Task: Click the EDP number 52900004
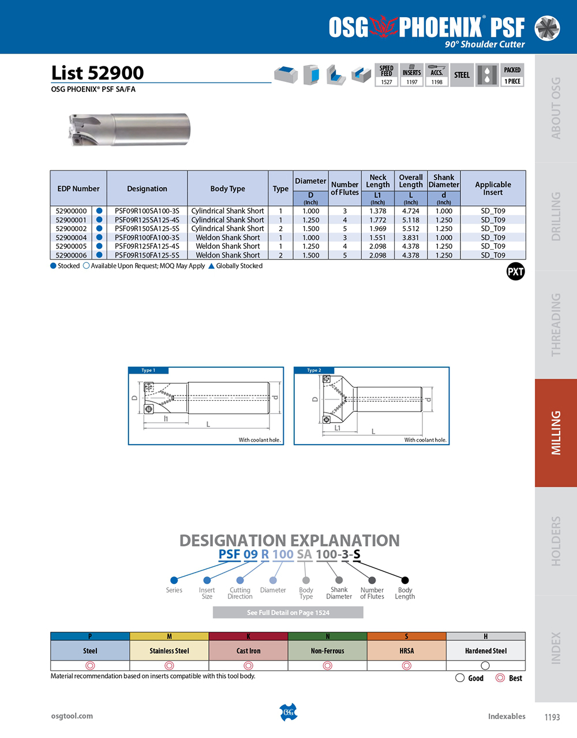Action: click(71, 238)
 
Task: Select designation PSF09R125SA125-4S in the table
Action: click(147, 220)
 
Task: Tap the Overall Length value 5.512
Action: click(410, 229)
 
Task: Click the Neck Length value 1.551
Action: click(377, 238)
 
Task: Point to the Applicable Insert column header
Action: click(493, 189)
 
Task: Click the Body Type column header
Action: click(227, 189)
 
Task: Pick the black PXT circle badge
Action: click(515, 272)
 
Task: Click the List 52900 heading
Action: click(98, 73)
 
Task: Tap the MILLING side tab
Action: click(556, 432)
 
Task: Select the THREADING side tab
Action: click(556, 325)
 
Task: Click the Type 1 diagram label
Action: click(148, 371)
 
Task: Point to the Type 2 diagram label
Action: click(314, 371)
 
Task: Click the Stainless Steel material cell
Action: click(169, 651)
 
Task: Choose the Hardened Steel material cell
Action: click(485, 651)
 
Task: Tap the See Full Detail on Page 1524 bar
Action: click(288, 612)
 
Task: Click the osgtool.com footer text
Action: click(72, 716)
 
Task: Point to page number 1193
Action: click(552, 717)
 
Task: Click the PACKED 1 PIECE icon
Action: click(512, 76)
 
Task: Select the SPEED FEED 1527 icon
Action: click(387, 76)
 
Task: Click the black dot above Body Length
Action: click(405, 580)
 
